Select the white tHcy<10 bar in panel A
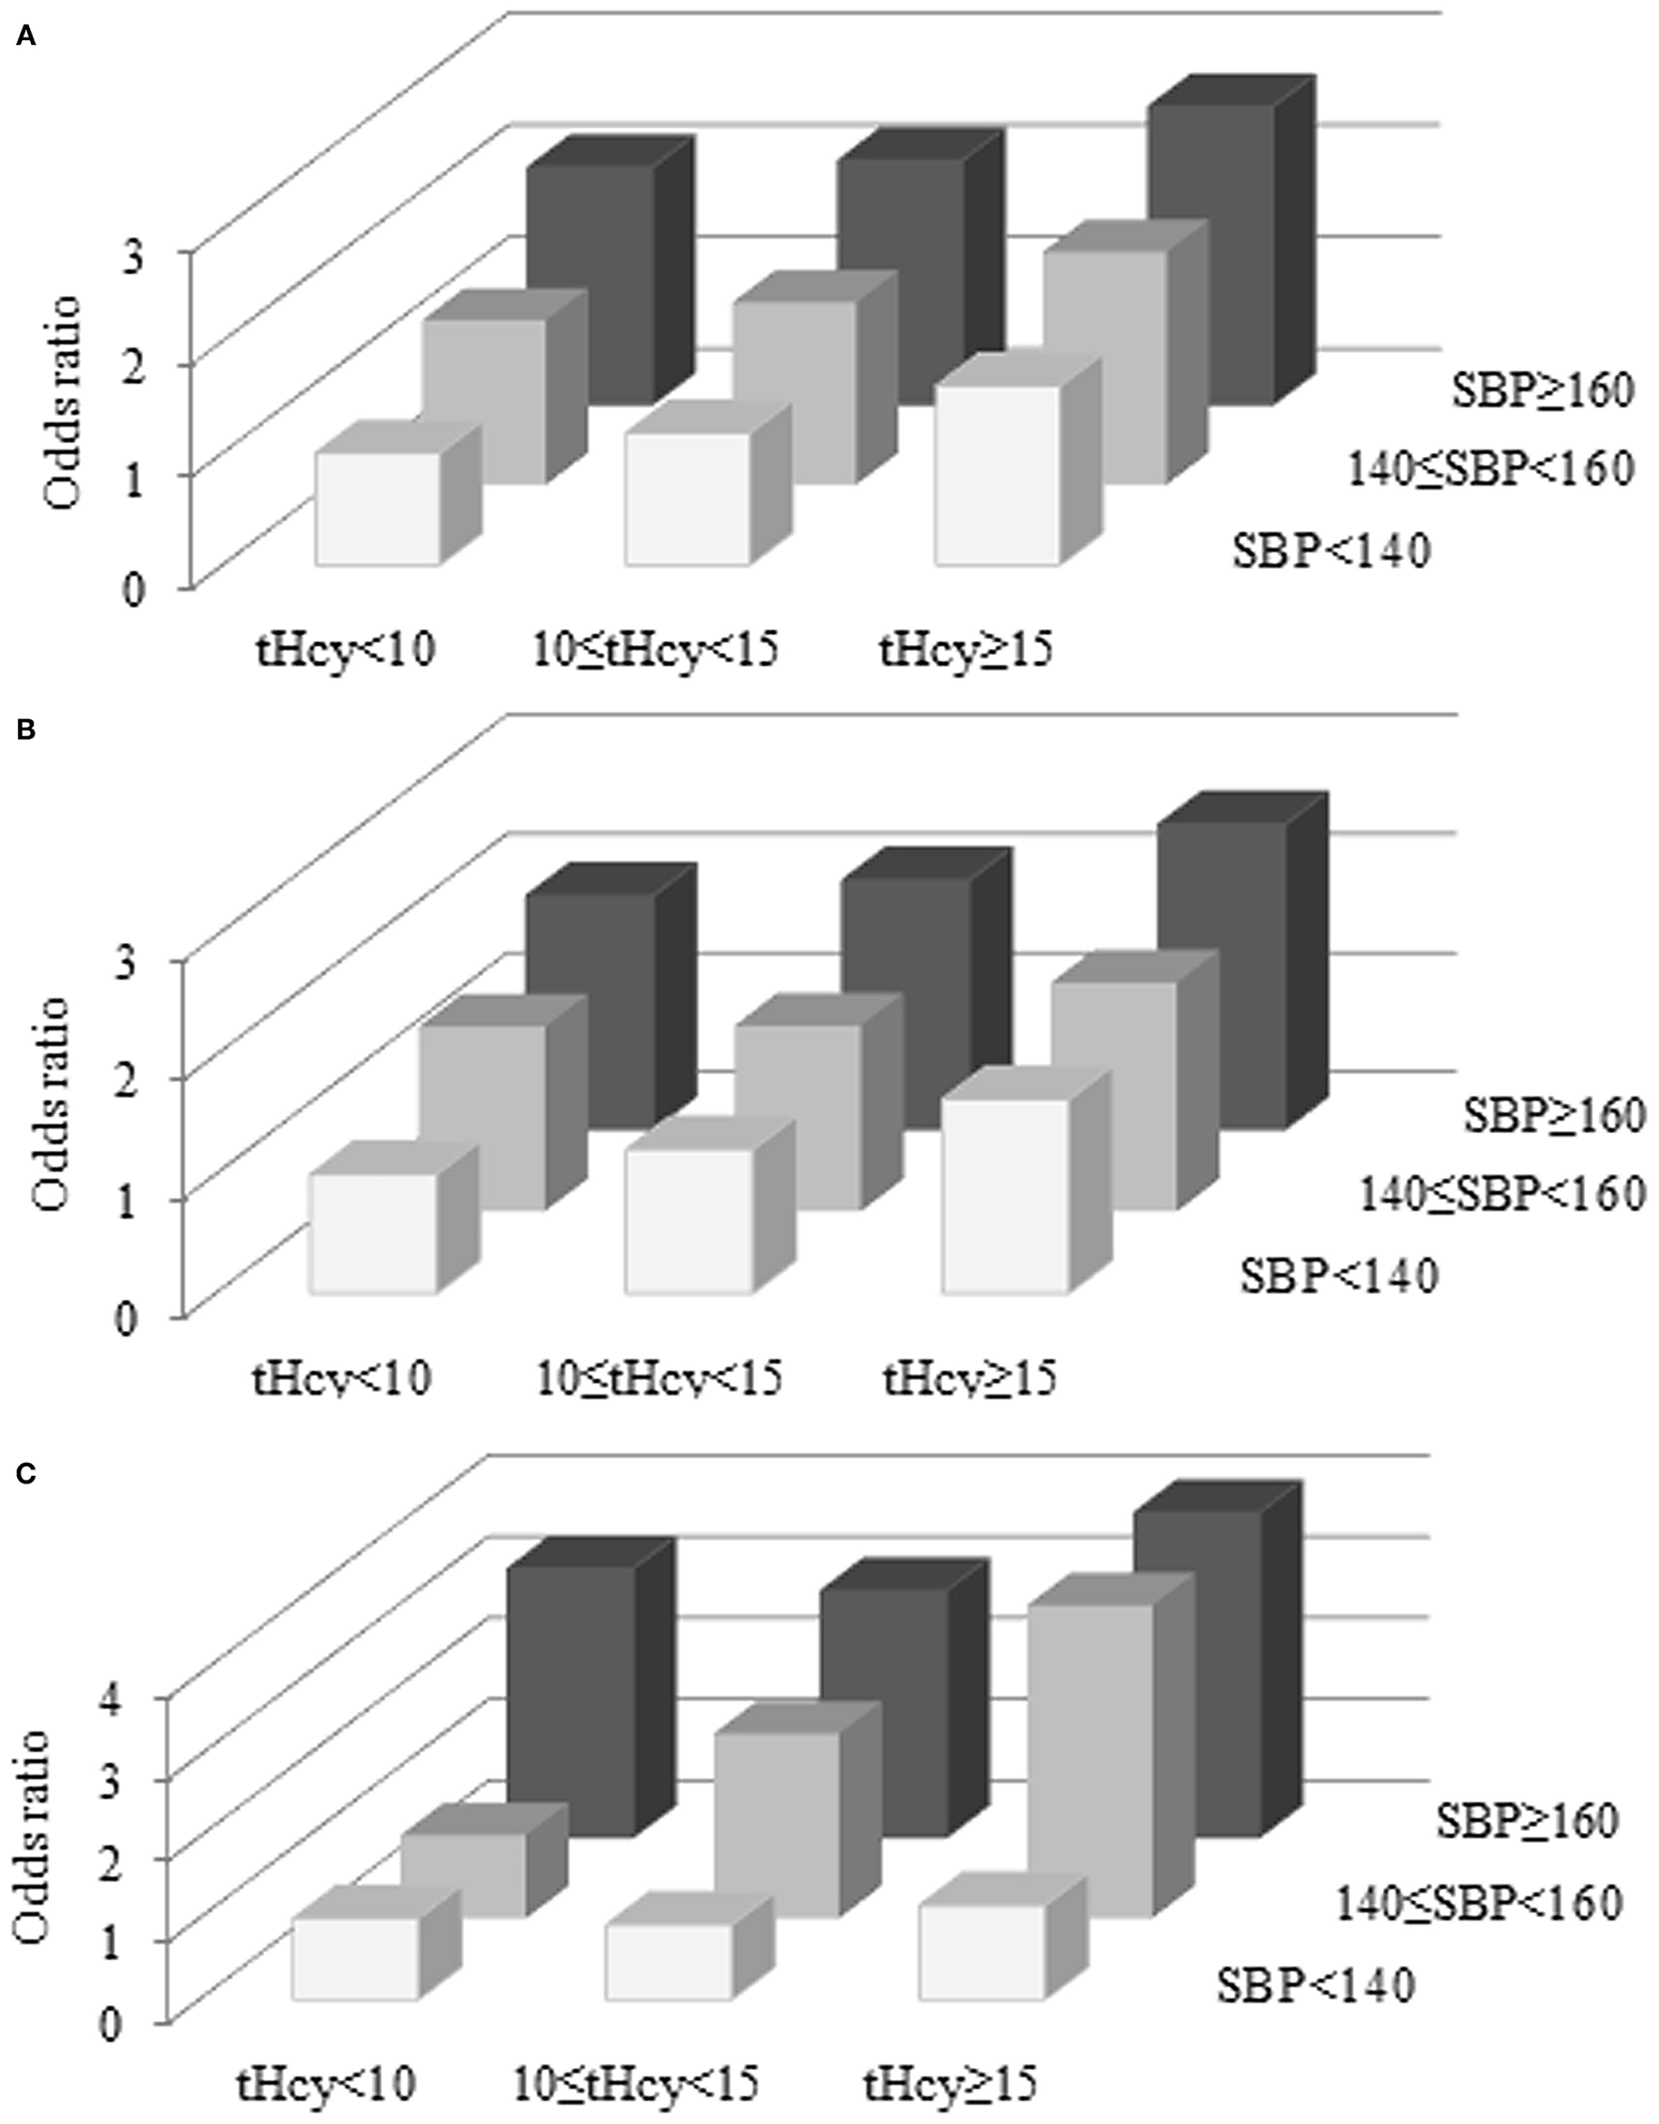pos(377,508)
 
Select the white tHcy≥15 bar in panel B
pos(1006,1195)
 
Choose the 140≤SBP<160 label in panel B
pos(1499,1193)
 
